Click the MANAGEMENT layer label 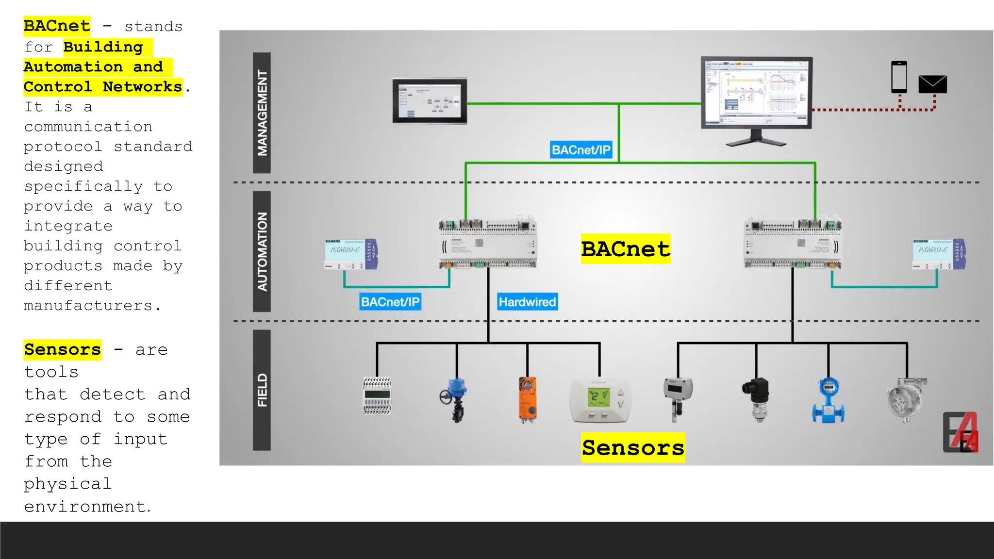(262, 113)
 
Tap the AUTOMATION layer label (262, 251)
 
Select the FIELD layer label (262, 390)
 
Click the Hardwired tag (527, 302)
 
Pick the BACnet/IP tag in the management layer (581, 150)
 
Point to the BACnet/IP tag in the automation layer (390, 302)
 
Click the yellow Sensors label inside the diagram (633, 447)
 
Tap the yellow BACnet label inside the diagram (625, 249)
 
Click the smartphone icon (899, 77)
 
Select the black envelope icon (932, 84)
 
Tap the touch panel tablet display (430, 101)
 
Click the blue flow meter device (828, 400)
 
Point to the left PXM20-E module (350, 254)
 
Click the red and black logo (961, 432)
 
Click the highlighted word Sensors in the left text (63, 349)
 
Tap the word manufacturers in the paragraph (88, 306)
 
